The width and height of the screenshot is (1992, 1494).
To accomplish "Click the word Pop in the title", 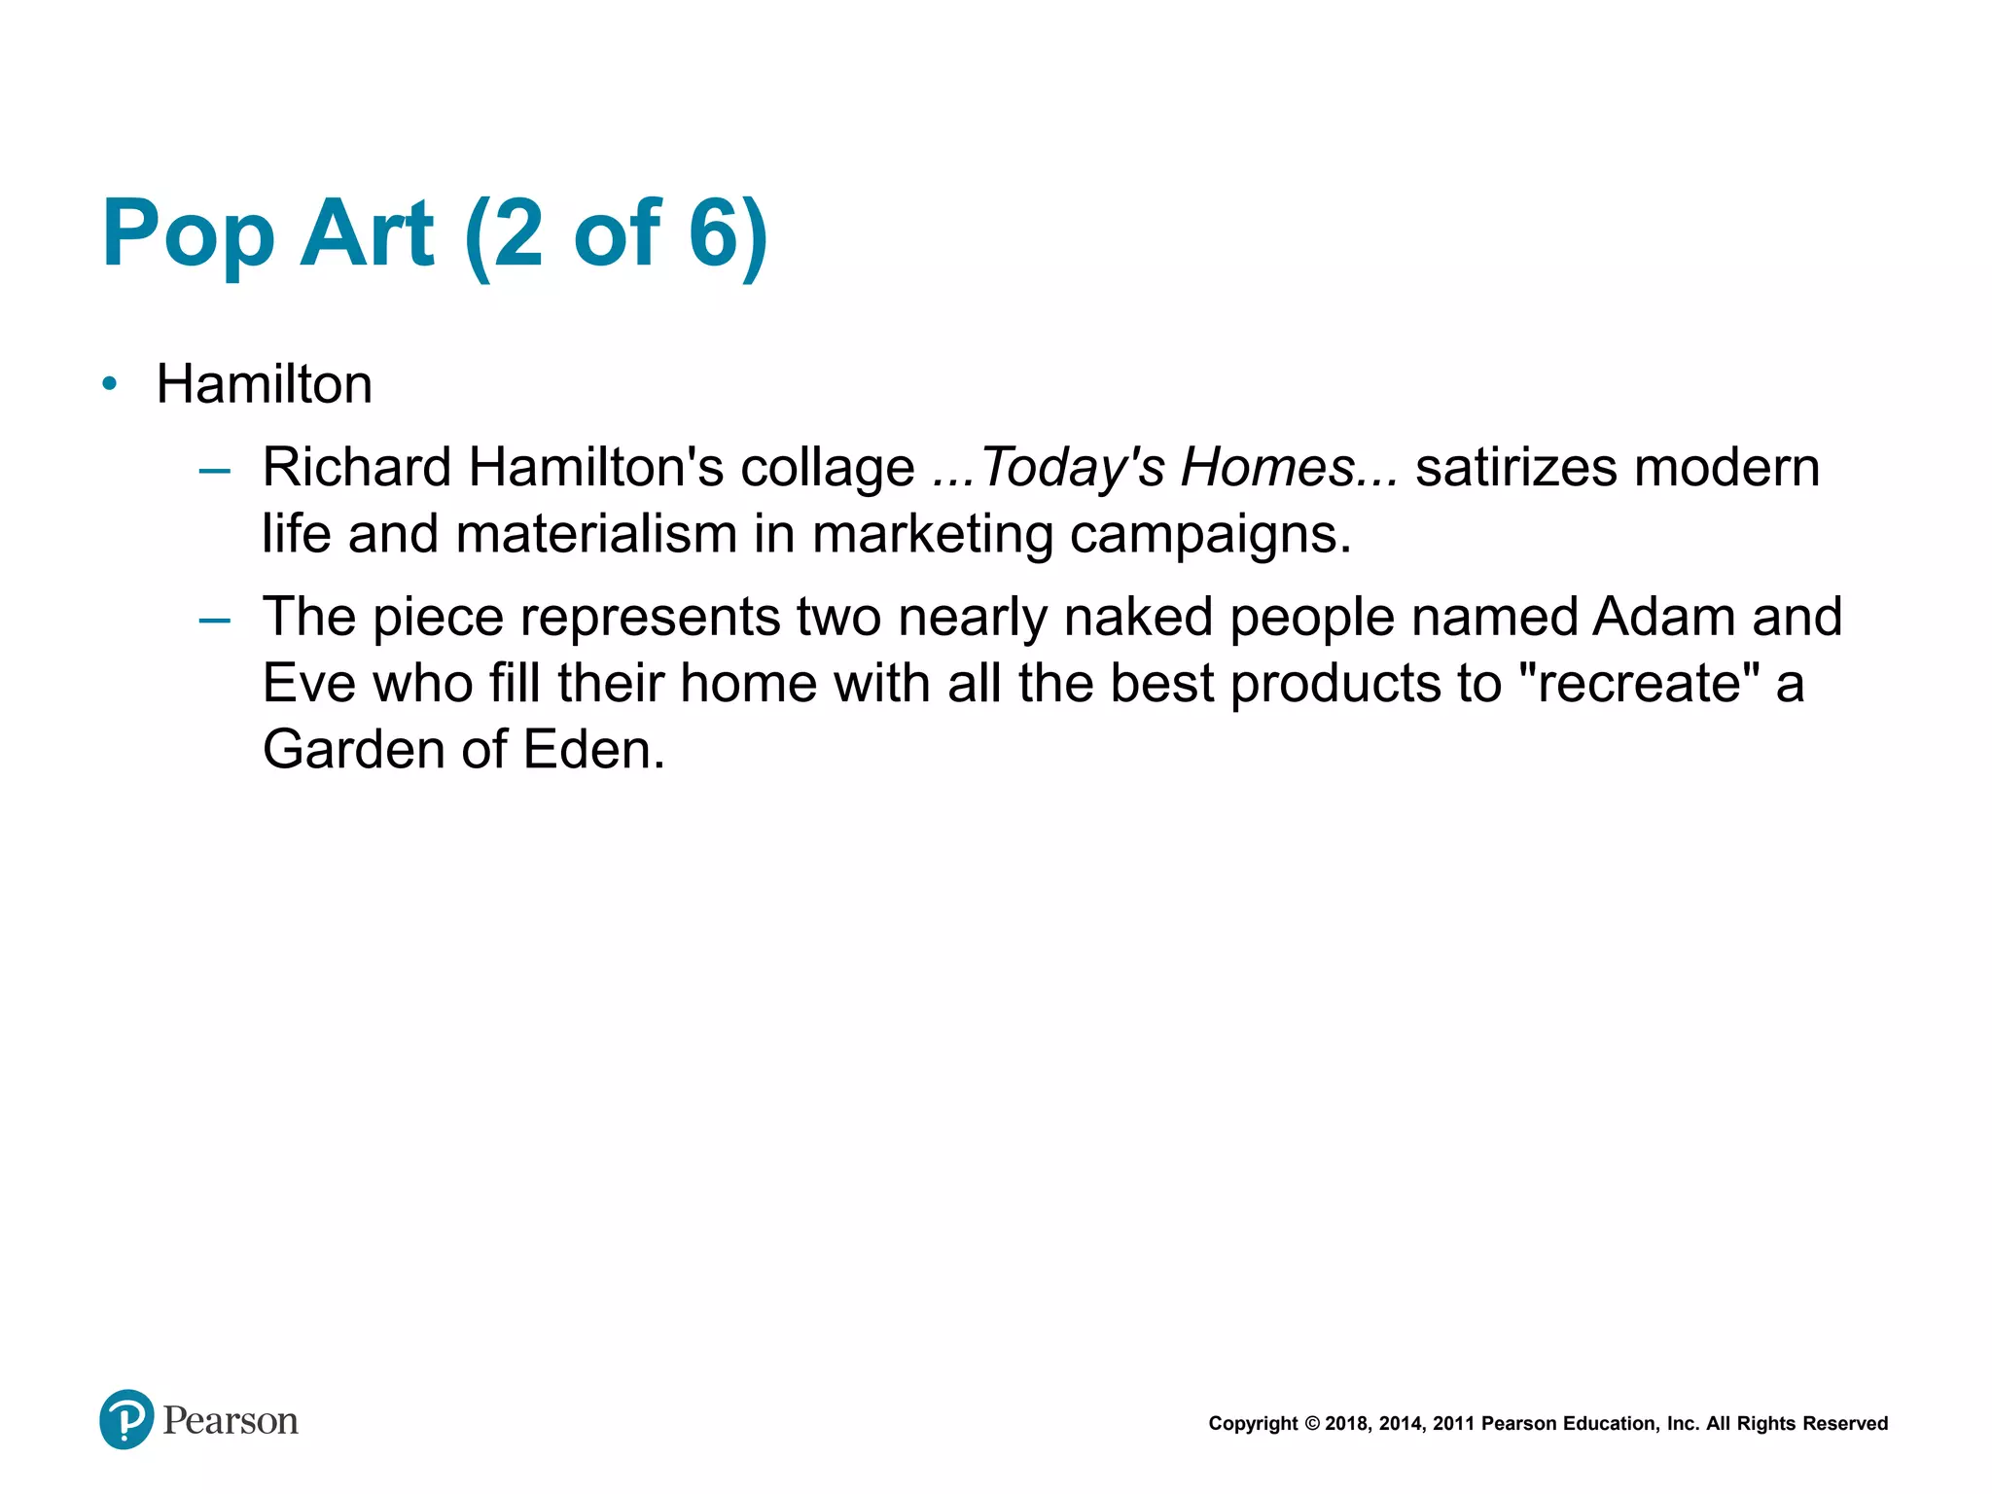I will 189,234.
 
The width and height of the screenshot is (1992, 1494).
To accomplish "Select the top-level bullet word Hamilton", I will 265,384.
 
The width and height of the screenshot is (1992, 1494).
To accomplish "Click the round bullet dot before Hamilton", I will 110,384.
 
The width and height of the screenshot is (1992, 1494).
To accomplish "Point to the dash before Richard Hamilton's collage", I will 214,472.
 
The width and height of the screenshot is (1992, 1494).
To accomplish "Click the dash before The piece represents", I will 214,621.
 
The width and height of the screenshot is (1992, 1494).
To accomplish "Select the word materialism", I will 596,535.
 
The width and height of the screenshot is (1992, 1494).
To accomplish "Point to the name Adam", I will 1663,618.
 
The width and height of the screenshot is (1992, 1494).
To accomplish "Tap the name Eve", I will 309,684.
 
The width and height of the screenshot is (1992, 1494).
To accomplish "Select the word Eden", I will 593,750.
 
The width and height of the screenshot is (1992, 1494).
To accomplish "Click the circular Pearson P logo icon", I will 126,1419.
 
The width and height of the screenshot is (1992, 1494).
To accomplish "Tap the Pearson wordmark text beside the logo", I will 231,1421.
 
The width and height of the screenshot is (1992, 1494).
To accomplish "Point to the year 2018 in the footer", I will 1346,1424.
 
